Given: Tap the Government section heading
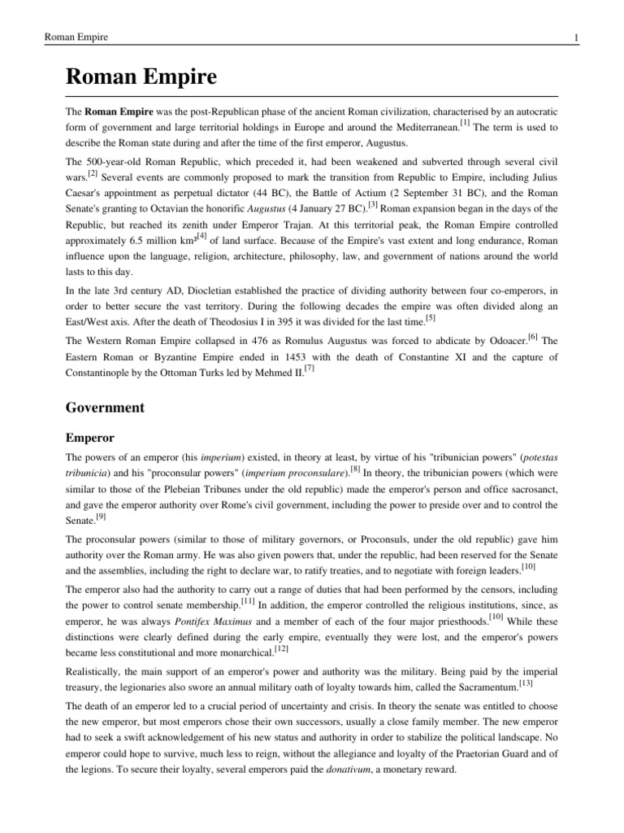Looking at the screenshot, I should pyautogui.click(x=105, y=407).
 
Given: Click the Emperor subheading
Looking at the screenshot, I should pyautogui.click(x=89, y=438).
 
